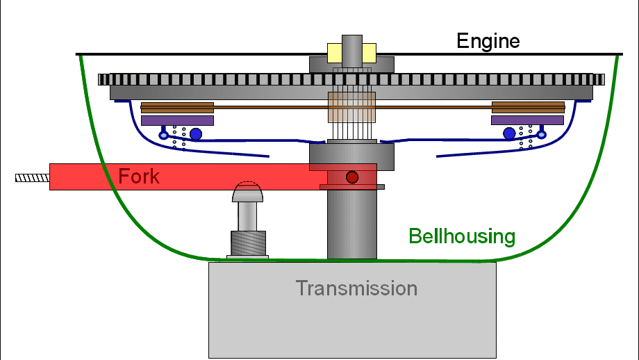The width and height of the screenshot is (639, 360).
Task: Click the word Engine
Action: click(488, 41)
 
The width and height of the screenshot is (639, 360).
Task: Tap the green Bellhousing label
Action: click(462, 236)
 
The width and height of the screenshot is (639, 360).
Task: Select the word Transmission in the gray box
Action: click(356, 288)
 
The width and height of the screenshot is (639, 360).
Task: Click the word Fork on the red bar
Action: click(138, 176)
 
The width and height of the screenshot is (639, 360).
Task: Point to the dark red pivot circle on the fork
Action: click(352, 177)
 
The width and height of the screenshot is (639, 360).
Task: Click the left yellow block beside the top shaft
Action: click(335, 53)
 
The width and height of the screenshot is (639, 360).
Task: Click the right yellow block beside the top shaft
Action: click(369, 53)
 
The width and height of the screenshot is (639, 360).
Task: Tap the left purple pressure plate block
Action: click(177, 120)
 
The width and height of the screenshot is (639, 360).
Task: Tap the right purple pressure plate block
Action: click(527, 120)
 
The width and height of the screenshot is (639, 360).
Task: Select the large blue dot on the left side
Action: click(196, 133)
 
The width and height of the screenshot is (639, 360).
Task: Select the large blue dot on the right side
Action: click(509, 133)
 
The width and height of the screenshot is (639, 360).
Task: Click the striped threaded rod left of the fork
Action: click(33, 178)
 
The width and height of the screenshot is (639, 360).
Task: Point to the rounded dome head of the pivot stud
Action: click(247, 192)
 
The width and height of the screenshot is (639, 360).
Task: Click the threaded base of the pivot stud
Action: click(248, 243)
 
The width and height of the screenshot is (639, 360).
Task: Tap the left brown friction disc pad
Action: click(177, 108)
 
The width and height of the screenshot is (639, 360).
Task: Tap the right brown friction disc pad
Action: click(528, 107)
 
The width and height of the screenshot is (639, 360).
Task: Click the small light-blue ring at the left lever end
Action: click(163, 135)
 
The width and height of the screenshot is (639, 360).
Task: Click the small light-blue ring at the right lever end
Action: click(542, 134)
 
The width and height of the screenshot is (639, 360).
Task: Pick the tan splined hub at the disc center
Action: click(351, 107)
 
